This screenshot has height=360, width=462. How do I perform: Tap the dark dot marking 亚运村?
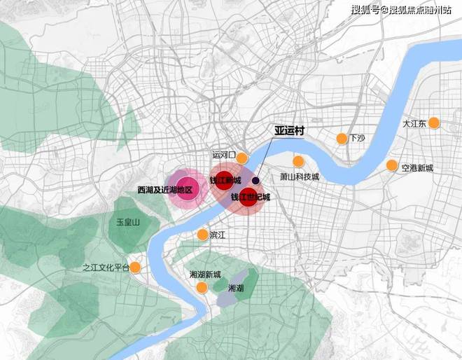coord(256,180)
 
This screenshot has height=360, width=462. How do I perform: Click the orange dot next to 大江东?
coord(433,123)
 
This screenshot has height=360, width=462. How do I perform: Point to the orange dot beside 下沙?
coord(342,138)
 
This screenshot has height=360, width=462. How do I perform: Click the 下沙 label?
coord(358,138)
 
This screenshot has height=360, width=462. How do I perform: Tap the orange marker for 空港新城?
coord(392,165)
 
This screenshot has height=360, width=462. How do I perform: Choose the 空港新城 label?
coord(417,168)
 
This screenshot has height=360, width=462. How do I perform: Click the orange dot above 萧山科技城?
coord(298,161)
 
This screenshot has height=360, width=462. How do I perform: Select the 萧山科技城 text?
coord(300,177)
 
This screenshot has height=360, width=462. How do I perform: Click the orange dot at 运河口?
coord(242,158)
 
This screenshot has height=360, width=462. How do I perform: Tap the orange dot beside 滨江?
coord(202,235)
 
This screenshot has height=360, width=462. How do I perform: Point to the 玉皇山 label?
coord(128,222)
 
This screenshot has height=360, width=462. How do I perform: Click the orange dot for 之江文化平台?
coord(136,267)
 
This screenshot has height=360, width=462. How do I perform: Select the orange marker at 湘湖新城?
coord(202,287)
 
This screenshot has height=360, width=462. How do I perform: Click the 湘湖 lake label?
coord(237,288)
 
